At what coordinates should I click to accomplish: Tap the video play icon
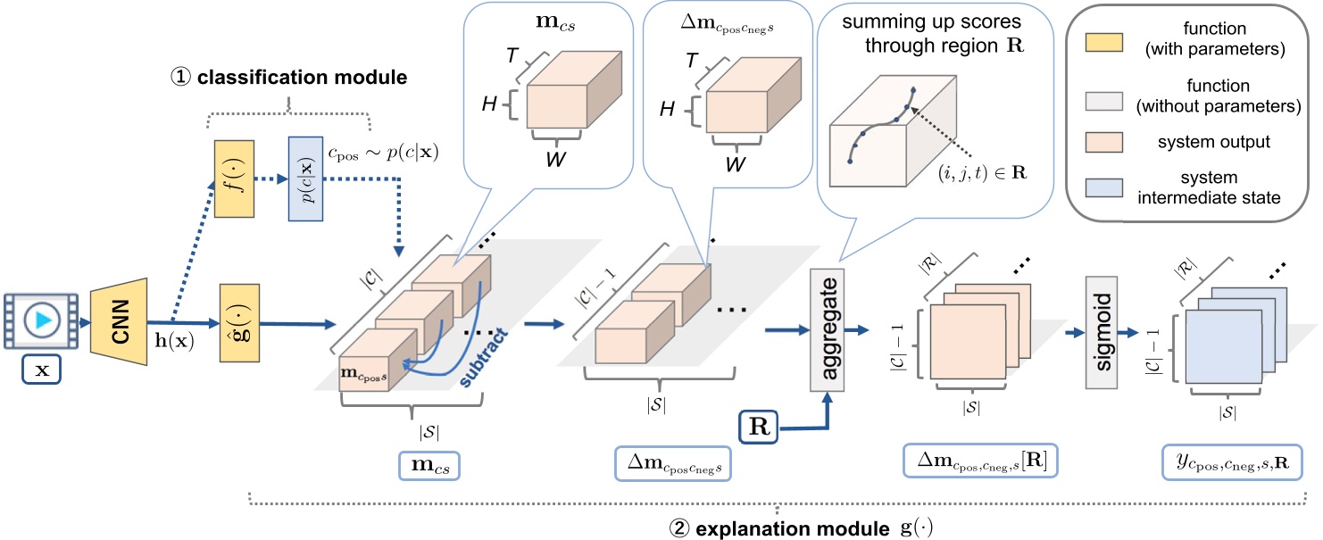point(38,320)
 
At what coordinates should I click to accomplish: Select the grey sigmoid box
point(1102,331)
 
